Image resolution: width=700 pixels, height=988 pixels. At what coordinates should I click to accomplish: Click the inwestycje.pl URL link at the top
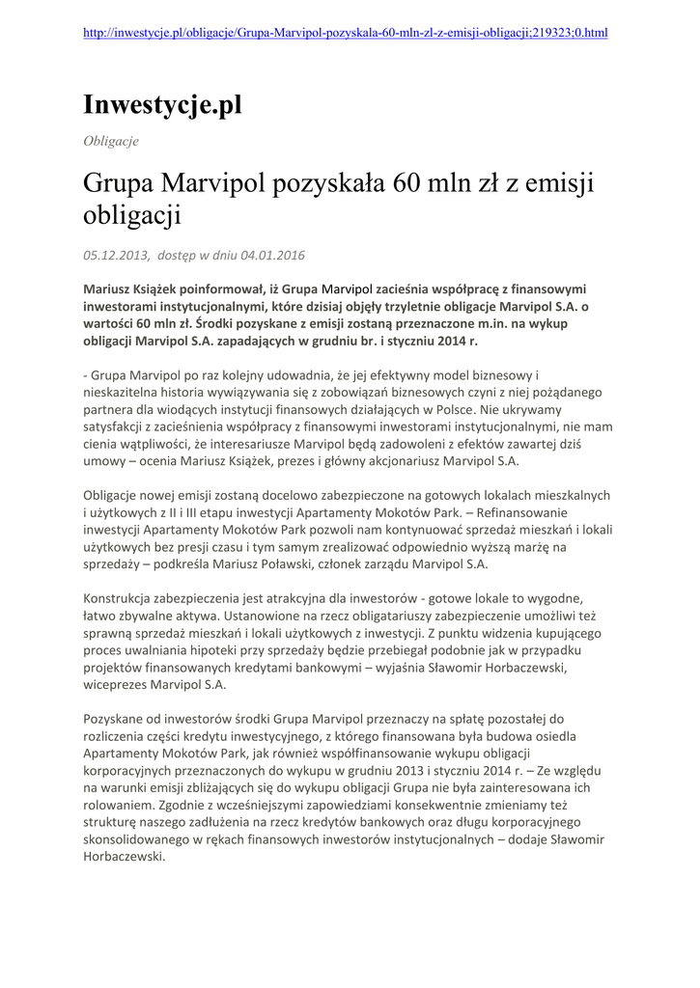coord(346,32)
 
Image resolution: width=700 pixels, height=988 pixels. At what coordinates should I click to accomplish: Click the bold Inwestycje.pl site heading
coord(162,105)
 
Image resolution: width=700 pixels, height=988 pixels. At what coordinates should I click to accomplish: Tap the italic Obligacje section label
coord(111,141)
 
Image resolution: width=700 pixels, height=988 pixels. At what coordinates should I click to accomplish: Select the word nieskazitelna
coord(126,394)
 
